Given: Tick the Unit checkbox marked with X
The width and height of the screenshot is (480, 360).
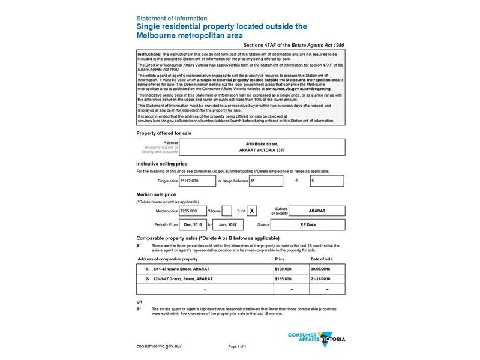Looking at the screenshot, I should click(253, 211).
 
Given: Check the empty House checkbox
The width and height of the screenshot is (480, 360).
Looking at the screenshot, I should click(227, 211).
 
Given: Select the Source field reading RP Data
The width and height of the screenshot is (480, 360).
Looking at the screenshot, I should click(307, 224).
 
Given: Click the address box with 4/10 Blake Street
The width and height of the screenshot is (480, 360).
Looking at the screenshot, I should click(242, 147).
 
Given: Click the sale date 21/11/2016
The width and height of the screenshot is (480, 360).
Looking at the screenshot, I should click(327, 280).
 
